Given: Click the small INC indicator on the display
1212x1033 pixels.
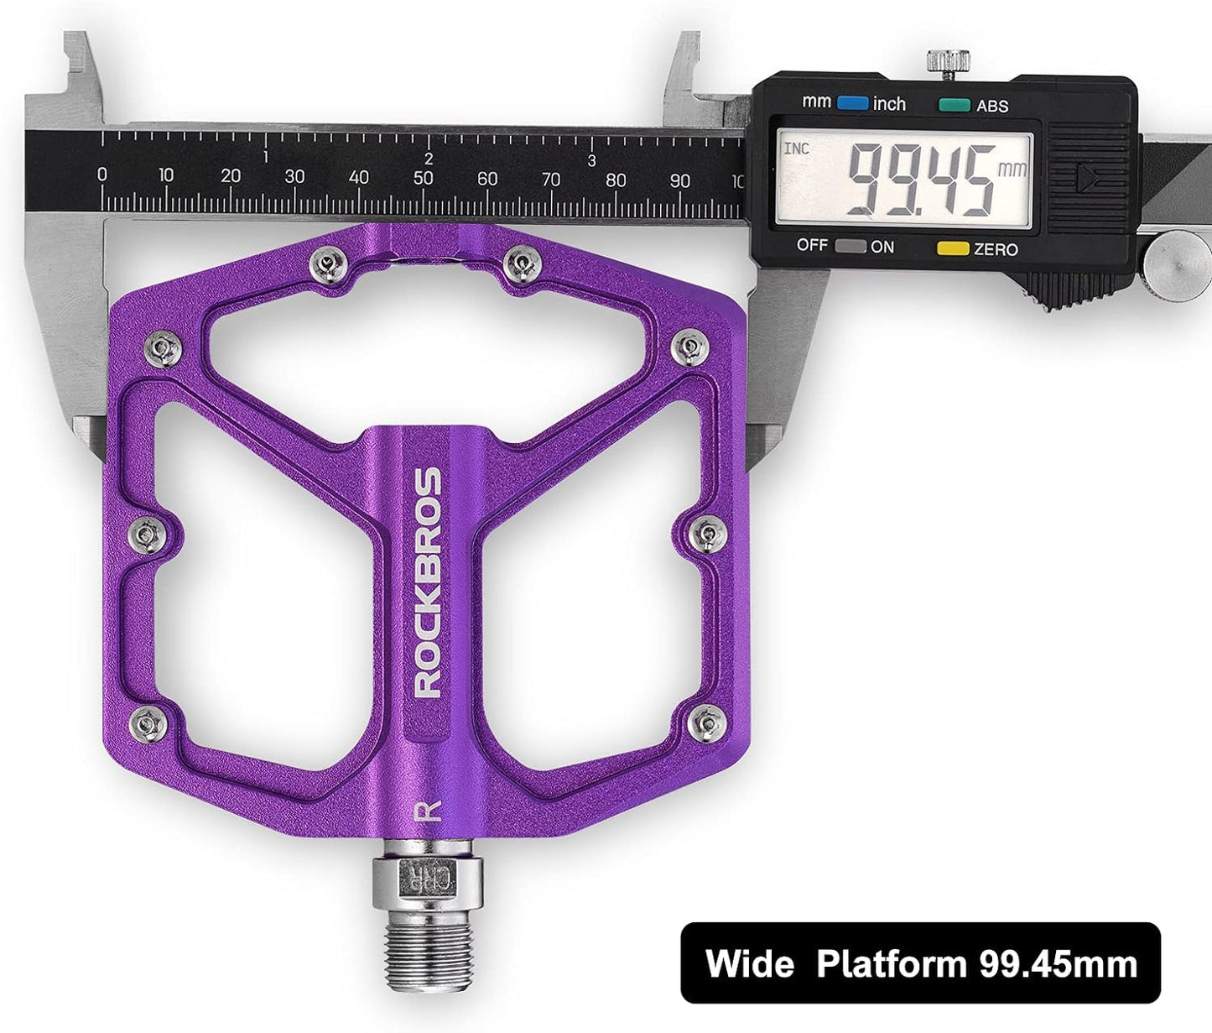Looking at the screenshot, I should (x=796, y=149).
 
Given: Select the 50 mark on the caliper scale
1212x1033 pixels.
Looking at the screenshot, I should (x=423, y=178).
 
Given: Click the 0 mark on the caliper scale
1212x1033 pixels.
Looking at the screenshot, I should (x=102, y=175).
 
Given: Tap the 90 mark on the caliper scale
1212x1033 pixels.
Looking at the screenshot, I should (x=680, y=180).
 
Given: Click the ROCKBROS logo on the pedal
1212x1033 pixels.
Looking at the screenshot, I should (x=429, y=582).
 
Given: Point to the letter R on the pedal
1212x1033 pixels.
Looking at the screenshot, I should (x=429, y=811).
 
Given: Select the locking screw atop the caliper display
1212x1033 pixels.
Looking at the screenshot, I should (x=948, y=63).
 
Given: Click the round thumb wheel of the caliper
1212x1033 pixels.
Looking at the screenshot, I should (x=1178, y=262).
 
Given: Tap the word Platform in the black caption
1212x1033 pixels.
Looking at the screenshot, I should (x=892, y=963).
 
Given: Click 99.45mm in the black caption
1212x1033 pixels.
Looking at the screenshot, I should (x=1059, y=963).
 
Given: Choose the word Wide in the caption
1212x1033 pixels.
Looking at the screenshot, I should (x=749, y=963).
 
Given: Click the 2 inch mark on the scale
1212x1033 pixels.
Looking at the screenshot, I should (x=429, y=159).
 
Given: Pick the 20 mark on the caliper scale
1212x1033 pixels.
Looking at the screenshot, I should (x=231, y=176).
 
